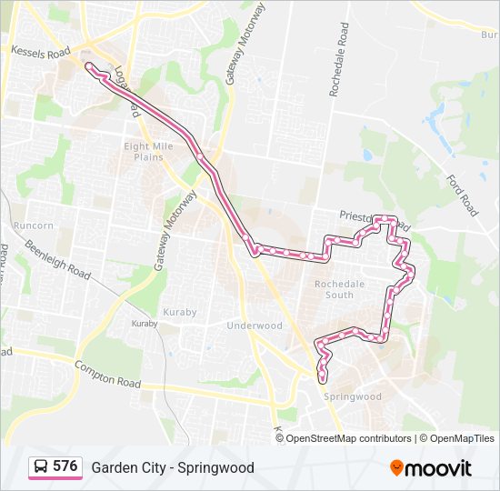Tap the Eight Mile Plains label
(x=144, y=150)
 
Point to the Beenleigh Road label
(x=58, y=259)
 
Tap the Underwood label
(x=255, y=326)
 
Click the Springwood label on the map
(x=352, y=396)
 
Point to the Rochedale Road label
(x=340, y=61)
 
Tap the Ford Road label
(x=462, y=193)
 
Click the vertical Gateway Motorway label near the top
(x=244, y=45)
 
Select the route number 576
(x=65, y=466)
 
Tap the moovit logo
(x=431, y=468)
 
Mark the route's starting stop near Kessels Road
(x=89, y=65)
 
